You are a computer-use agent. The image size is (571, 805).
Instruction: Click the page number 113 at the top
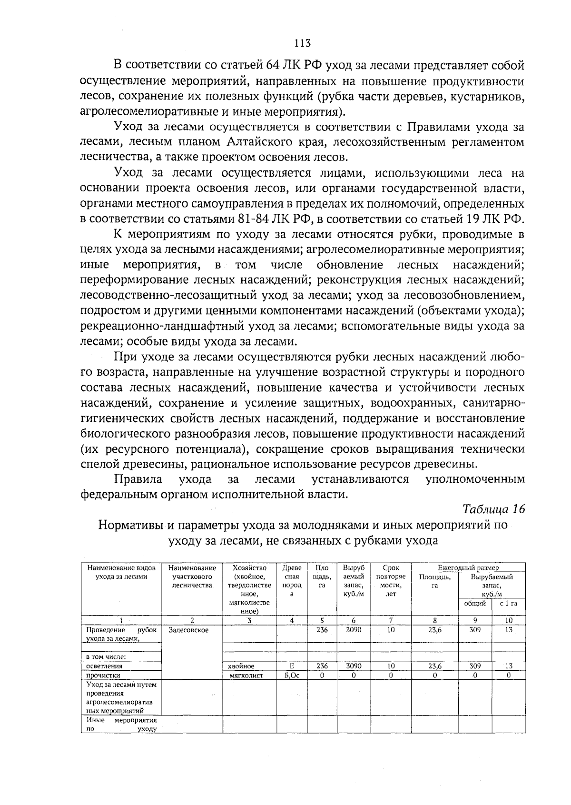302,43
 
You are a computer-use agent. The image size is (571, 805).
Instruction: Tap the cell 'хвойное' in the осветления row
241,666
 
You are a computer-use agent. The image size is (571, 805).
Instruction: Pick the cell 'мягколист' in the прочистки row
246,675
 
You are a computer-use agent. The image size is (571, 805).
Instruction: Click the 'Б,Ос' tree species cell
292,675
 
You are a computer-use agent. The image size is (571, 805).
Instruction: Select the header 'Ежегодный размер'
468,567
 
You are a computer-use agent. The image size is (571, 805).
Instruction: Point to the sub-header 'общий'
475,603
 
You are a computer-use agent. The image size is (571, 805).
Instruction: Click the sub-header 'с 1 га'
508,603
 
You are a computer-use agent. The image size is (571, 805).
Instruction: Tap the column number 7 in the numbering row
391,620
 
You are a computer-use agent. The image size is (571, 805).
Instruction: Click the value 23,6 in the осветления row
434,666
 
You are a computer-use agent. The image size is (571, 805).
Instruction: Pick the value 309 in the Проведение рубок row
475,630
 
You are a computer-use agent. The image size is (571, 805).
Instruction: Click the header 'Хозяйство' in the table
249,567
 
